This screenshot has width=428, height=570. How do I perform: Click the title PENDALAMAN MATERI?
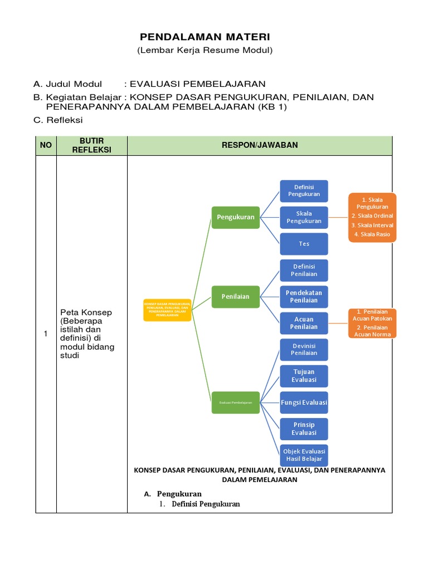point(205,37)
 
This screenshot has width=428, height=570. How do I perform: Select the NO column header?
point(46,145)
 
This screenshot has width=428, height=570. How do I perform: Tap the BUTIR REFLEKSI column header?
point(91,145)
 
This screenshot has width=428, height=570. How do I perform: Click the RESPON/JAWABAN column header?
point(260,145)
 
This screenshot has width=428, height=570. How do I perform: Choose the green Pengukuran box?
point(235,217)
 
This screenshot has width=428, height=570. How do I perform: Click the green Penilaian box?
point(235,297)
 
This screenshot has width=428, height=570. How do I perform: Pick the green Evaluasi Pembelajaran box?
point(235,402)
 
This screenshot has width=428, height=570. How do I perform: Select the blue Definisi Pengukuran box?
point(304,191)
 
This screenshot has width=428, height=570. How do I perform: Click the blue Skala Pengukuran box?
point(304,217)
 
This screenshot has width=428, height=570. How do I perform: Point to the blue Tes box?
point(304,244)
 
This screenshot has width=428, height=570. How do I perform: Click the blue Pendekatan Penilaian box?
point(304,297)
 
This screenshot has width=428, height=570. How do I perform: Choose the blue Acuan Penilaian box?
point(304,323)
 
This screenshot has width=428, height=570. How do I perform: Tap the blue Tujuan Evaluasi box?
point(304,376)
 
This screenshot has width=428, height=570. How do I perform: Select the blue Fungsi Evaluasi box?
point(304,402)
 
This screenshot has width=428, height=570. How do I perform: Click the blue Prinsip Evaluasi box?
point(304,429)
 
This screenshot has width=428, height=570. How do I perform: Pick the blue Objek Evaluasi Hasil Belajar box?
point(304,455)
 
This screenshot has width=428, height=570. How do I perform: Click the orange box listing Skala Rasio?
point(372,217)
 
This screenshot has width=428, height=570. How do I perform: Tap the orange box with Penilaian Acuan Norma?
point(373,323)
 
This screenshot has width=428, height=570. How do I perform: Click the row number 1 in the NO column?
point(46,334)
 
